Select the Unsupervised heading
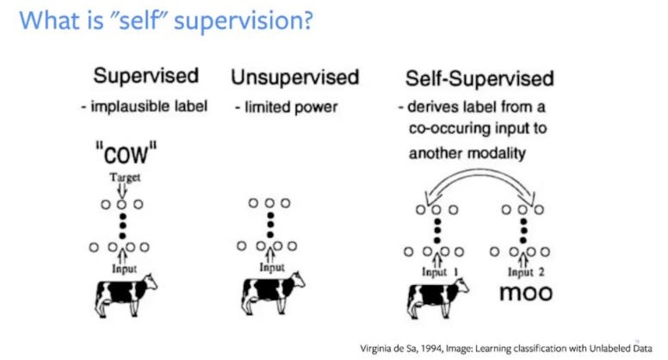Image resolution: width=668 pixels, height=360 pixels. click(294, 78)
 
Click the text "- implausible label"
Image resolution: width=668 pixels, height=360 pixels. click(152, 108)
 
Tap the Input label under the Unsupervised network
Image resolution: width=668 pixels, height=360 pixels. click(273, 269)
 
